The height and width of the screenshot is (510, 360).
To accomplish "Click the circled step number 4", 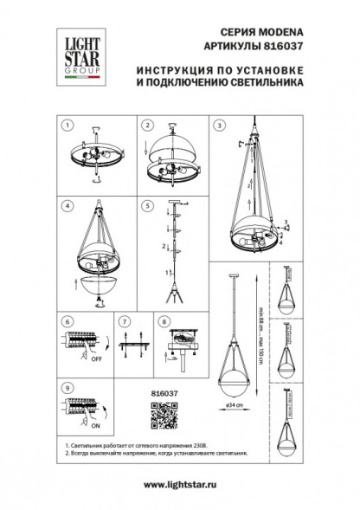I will click(x=65, y=206).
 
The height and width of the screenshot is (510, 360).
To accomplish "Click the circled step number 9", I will click(x=65, y=389).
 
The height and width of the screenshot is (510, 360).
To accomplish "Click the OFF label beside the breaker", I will click(x=96, y=367).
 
